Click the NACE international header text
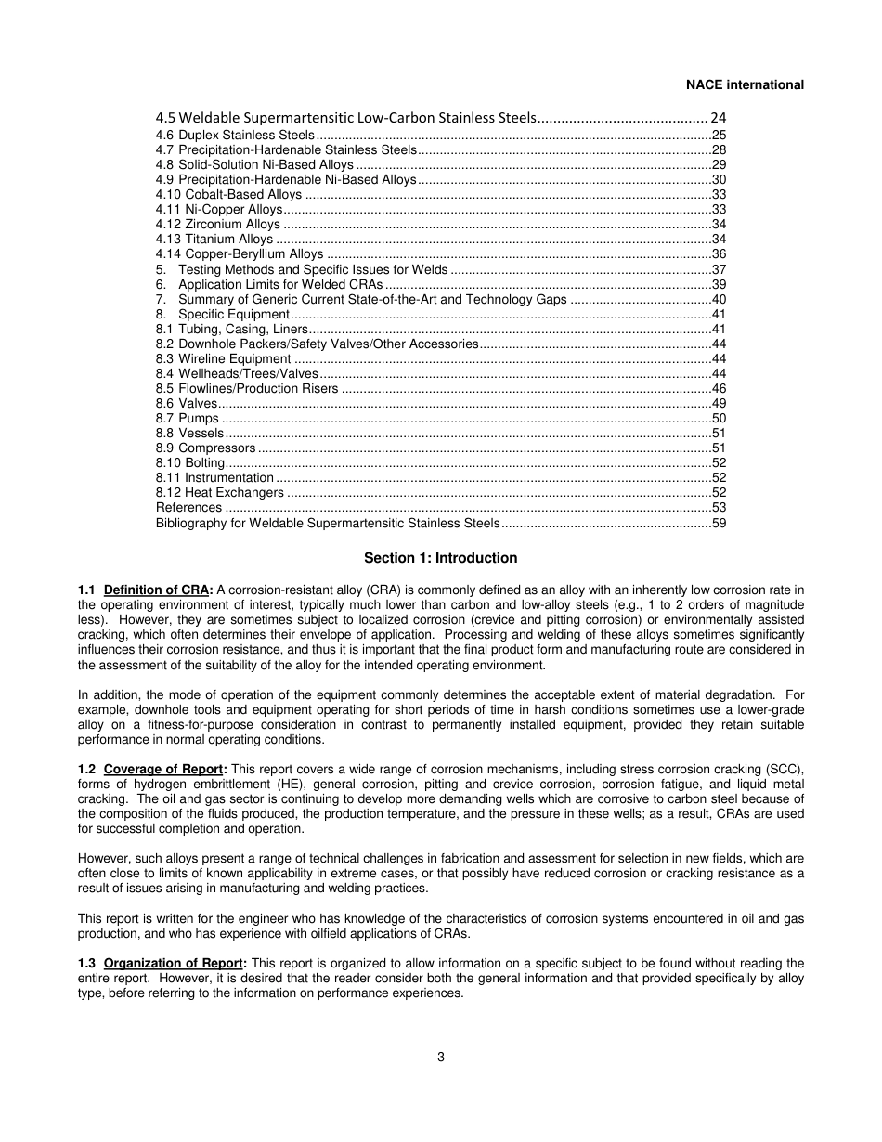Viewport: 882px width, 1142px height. pyautogui.click(x=745, y=84)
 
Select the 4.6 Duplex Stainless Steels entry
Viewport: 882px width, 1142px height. pyautogui.click(x=235, y=136)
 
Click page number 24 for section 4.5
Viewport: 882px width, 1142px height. pyautogui.click(x=718, y=118)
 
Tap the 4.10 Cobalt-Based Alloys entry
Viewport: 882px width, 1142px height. pyautogui.click(x=228, y=195)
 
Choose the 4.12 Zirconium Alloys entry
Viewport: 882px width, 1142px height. pyautogui.click(x=217, y=225)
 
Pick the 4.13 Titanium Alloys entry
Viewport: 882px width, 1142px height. pyautogui.click(x=214, y=240)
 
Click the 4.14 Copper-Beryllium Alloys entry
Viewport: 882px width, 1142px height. pyautogui.click(x=240, y=254)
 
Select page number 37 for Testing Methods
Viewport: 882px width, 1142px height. pyautogui.click(x=719, y=269)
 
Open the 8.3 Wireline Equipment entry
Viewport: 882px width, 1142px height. pyautogui.click(x=223, y=358)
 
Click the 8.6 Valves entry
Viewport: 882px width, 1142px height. pyautogui.click(x=187, y=403)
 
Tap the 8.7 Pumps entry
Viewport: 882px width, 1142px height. pyautogui.click(x=188, y=418)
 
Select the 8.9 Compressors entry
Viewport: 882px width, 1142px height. pyautogui.click(x=205, y=448)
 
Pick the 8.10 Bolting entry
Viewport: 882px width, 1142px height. pyautogui.click(x=190, y=462)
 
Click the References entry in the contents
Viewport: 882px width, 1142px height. pyautogui.click(x=188, y=507)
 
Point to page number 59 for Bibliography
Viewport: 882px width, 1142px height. pyautogui.click(x=719, y=523)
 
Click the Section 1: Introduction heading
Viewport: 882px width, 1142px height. pyautogui.click(x=440, y=558)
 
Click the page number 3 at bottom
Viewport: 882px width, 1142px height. pyautogui.click(x=441, y=1056)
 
